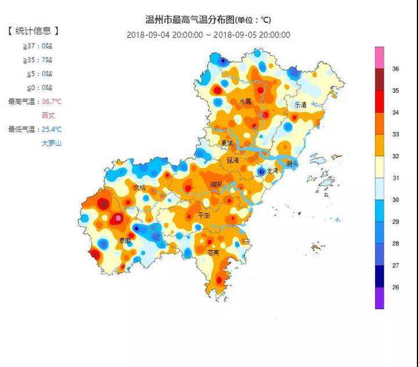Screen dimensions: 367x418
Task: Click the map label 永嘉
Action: [246, 102]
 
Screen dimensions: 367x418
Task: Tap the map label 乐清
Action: [300, 105]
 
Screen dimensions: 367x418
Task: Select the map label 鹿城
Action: [227, 142]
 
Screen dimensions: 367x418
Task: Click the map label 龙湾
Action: [271, 171]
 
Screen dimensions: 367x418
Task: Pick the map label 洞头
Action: [291, 164]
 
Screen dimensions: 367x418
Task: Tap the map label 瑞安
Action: [217, 184]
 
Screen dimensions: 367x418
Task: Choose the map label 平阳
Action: [204, 215]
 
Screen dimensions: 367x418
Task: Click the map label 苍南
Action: [214, 253]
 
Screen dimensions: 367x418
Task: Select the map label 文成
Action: [139, 188]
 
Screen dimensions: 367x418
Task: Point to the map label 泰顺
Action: [125, 240]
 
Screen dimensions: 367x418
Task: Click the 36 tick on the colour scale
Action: [395, 69]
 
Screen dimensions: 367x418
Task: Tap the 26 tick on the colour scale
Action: [395, 287]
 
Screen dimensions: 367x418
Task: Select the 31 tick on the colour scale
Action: [395, 178]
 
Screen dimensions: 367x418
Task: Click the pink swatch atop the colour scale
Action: [379, 57]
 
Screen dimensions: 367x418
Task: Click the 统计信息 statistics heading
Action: [34, 31]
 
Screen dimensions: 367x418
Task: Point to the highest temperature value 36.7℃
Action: [52, 102]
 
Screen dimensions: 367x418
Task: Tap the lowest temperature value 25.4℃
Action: [52, 129]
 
